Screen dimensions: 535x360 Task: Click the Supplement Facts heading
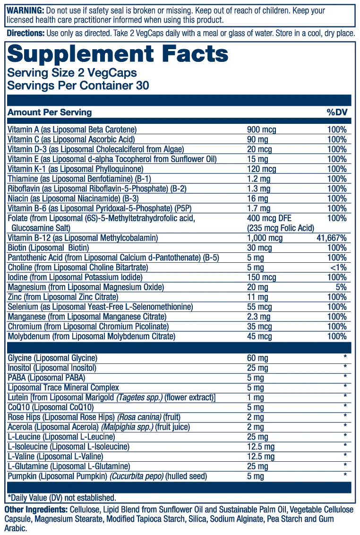(118, 54)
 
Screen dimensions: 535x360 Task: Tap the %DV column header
(336, 112)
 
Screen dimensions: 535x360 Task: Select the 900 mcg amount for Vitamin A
(262, 129)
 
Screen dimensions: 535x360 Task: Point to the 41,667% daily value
(332, 238)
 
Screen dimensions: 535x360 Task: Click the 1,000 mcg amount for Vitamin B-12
(265, 238)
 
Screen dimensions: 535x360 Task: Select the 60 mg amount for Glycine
(257, 358)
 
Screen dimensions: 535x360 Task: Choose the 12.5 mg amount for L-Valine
(261, 457)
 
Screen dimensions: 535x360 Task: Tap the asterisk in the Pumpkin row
(345, 475)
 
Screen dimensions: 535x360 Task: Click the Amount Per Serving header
(50, 112)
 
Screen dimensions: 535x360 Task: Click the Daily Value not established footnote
(61, 498)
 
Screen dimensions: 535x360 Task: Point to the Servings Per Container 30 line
(78, 86)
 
